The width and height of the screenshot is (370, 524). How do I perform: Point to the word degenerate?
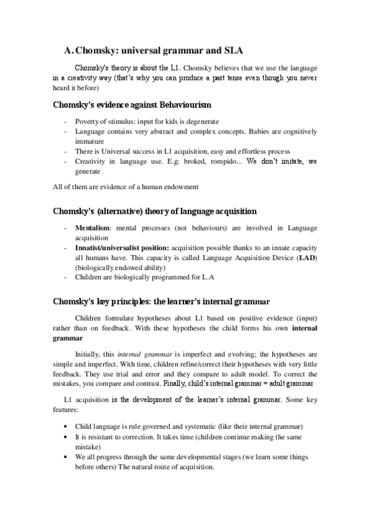click(202, 121)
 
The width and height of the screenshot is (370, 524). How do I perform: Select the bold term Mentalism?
click(93, 228)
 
